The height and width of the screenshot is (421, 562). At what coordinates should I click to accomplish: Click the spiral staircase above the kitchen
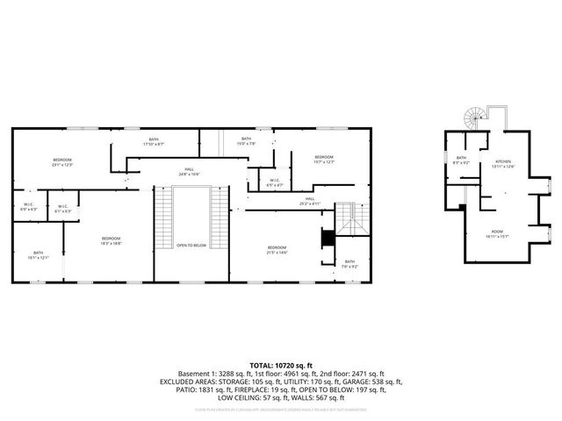[x=473, y=117]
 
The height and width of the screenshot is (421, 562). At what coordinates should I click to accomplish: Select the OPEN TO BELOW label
[x=191, y=245]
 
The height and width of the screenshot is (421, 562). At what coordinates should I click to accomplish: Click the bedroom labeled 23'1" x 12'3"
[x=61, y=161]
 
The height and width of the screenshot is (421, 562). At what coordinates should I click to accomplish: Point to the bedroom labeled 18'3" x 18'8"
[x=110, y=241]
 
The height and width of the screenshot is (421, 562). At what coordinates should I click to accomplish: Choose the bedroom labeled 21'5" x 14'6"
[x=277, y=250]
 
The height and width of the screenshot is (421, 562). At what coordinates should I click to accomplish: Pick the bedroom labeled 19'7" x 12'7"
[x=325, y=160]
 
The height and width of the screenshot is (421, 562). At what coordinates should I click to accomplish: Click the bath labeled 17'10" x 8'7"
[x=154, y=142]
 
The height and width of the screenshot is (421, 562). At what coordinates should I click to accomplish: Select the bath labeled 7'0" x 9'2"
[x=349, y=263]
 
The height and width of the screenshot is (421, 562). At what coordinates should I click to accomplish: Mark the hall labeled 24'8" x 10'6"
[x=189, y=172]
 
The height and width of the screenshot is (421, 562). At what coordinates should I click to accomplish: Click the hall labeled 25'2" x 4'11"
[x=310, y=201]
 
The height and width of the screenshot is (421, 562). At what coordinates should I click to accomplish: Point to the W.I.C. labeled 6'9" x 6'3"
[x=29, y=208]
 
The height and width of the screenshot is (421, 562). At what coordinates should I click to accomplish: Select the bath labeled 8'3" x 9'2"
[x=461, y=161]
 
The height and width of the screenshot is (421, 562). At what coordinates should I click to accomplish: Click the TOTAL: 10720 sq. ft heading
[x=280, y=364]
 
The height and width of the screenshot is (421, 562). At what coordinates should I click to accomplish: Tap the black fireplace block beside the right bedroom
[x=328, y=238]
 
